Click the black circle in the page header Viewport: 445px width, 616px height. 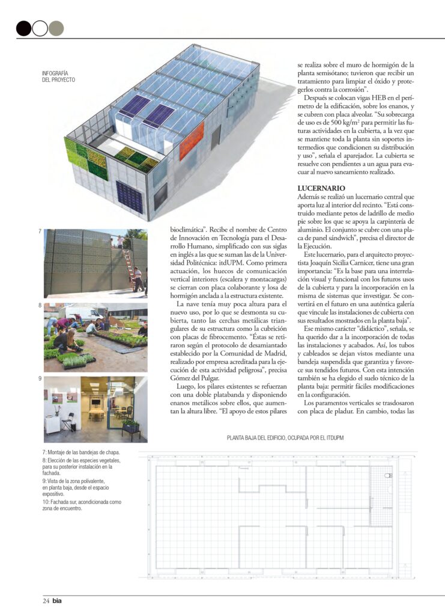point(23,28)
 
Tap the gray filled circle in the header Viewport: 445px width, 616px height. point(56,28)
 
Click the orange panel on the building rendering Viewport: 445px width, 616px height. point(192,140)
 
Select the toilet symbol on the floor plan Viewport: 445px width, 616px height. point(388,476)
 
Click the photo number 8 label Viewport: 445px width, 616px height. point(40,306)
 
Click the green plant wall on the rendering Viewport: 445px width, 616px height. point(86,159)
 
